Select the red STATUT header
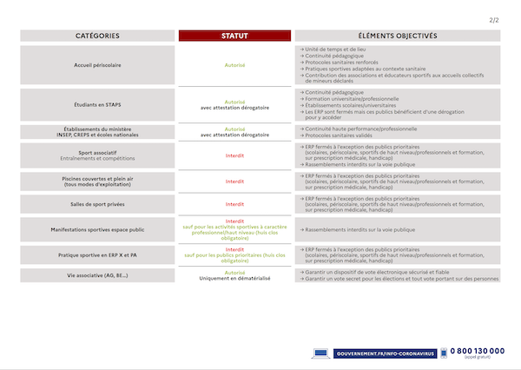coord(234,36)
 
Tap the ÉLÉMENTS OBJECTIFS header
coord(397,36)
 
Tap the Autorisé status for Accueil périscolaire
coord(234,64)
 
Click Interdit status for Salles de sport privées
coord(234,204)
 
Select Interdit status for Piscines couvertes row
coord(234,182)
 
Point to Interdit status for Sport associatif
coord(234,156)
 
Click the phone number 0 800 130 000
coord(477,350)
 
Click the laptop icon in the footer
coord(320,353)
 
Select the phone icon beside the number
coord(443,353)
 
